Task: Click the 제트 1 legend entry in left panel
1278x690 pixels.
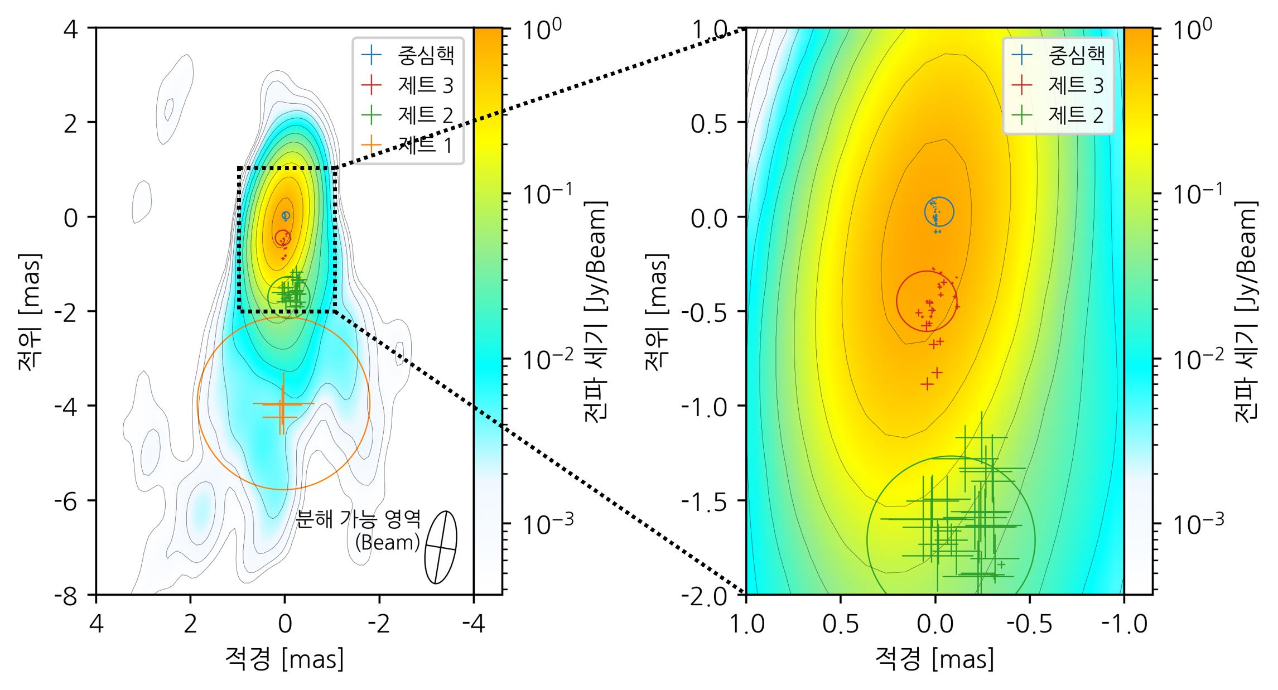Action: coord(425,146)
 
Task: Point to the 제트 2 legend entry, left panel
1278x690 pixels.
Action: coord(425,115)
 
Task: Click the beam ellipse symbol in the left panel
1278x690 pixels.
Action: coord(441,547)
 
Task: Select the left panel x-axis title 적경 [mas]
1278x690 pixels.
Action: coord(284,659)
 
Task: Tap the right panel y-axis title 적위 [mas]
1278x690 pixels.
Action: coord(656,311)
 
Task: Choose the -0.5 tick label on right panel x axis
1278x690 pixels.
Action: coord(1029,625)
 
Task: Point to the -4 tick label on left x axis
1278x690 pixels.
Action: coord(473,625)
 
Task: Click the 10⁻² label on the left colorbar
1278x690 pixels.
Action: coord(547,360)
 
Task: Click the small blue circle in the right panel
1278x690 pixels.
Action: coord(939,211)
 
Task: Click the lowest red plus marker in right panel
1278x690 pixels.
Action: coord(927,384)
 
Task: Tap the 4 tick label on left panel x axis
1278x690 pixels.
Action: coord(97,625)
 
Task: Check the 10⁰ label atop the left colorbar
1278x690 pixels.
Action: coord(542,29)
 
